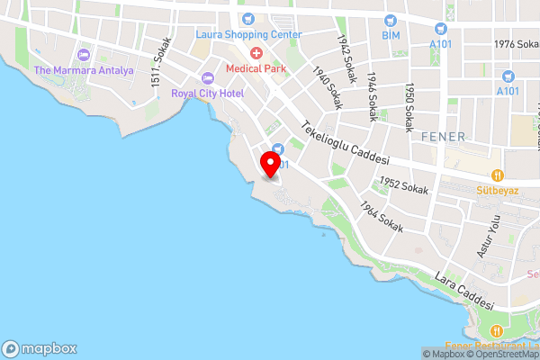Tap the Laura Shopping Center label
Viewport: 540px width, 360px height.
click(248, 34)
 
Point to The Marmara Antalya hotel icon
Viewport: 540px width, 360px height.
click(84, 56)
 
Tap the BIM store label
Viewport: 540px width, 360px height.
click(390, 34)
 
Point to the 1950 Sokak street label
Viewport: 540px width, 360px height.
click(409, 105)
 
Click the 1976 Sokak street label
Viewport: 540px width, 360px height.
click(516, 44)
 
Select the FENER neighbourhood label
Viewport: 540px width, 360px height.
click(442, 137)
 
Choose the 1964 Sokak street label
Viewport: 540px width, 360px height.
click(378, 213)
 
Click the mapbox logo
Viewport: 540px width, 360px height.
click(40, 348)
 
